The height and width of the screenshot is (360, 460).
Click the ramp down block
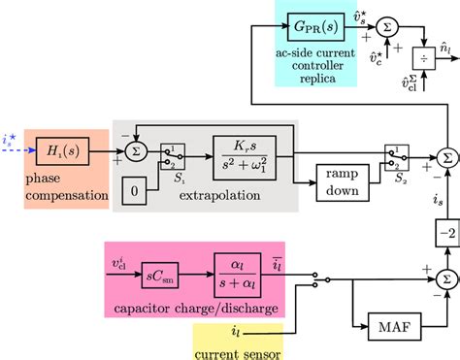coord(341,180)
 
